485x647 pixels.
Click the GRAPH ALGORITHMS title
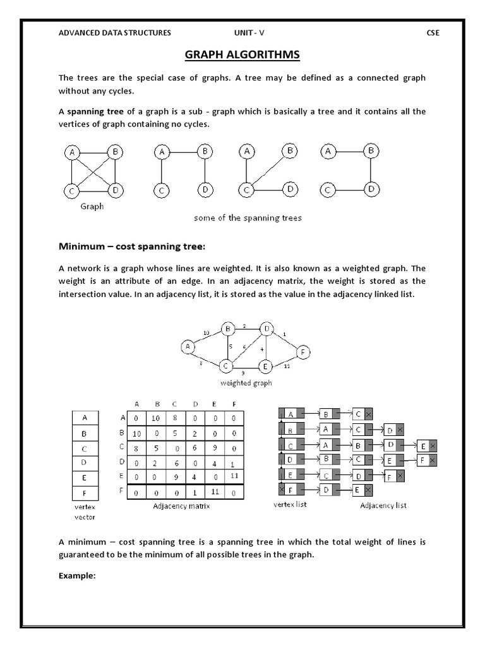pyautogui.click(x=242, y=56)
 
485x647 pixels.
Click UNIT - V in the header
pyautogui.click(x=247, y=33)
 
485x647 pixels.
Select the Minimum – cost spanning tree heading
pyautogui.click(x=132, y=245)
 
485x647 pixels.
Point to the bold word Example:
pyautogui.click(x=77, y=576)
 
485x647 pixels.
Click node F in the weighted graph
pyautogui.click(x=304, y=352)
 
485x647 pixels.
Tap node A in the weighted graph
pyautogui.click(x=187, y=346)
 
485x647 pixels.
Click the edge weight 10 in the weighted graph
pyautogui.click(x=206, y=333)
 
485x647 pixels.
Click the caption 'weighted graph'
pyautogui.click(x=246, y=383)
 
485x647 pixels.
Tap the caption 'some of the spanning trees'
pyautogui.click(x=247, y=218)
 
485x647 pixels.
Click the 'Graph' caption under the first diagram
pyautogui.click(x=92, y=206)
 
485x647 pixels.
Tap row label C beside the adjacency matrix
pyautogui.click(x=121, y=447)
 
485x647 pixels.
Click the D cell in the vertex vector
pyautogui.click(x=85, y=463)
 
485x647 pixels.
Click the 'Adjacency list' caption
pyautogui.click(x=383, y=505)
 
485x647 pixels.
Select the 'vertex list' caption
pyautogui.click(x=290, y=505)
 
